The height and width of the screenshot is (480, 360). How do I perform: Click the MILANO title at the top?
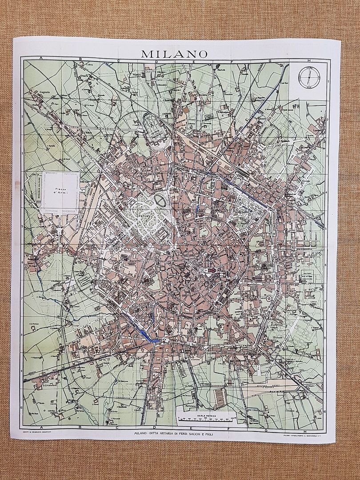coord(174,54)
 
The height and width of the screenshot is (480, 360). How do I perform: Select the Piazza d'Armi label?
coord(60,190)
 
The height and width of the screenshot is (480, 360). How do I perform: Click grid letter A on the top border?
coord(40,59)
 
